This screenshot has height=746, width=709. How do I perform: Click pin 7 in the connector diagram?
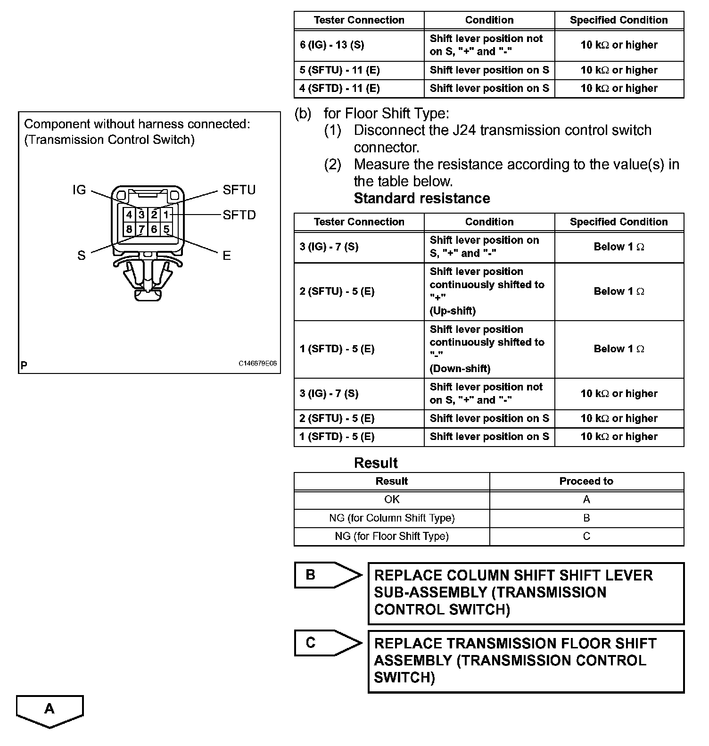pyautogui.click(x=141, y=230)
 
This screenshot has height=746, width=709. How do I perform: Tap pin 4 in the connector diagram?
pyautogui.click(x=129, y=215)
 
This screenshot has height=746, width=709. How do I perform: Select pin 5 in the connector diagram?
pyautogui.click(x=166, y=230)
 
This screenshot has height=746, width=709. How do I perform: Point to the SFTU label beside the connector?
pyautogui.click(x=239, y=190)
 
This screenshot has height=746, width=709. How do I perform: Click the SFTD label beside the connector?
pyautogui.click(x=239, y=215)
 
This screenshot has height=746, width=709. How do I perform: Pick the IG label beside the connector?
pyautogui.click(x=79, y=190)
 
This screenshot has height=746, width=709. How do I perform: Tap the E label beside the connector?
pyautogui.click(x=227, y=256)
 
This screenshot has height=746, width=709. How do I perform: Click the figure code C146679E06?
pyautogui.click(x=257, y=364)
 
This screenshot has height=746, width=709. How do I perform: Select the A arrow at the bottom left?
pyautogui.click(x=49, y=710)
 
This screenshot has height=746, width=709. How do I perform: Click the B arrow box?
pyautogui.click(x=325, y=575)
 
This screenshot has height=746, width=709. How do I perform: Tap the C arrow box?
pyautogui.click(x=325, y=643)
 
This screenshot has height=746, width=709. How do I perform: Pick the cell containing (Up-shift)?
pyautogui.click(x=489, y=291)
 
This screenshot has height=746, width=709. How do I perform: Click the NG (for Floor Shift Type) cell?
pyautogui.click(x=392, y=536)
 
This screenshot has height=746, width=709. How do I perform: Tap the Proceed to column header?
pyautogui.click(x=586, y=481)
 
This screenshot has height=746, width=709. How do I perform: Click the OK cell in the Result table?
pyautogui.click(x=392, y=499)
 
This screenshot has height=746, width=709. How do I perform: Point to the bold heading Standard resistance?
pyautogui.click(x=422, y=199)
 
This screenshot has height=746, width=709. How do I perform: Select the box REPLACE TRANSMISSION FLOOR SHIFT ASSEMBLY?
pyautogui.click(x=526, y=661)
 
